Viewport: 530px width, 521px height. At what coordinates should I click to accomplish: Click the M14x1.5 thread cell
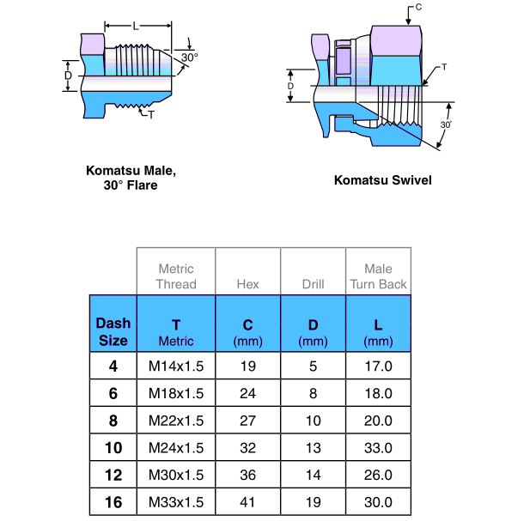[176, 367]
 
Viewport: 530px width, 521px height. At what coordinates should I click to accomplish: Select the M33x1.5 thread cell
[176, 502]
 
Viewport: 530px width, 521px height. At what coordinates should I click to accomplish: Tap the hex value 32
[247, 448]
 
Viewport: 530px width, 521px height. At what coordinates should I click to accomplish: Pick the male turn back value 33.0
[378, 448]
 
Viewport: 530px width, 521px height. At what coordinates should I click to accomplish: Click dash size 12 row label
[113, 475]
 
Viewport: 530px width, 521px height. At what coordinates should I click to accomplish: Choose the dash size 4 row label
[113, 367]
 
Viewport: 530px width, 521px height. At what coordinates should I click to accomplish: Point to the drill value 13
[313, 448]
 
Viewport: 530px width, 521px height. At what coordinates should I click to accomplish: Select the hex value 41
[247, 502]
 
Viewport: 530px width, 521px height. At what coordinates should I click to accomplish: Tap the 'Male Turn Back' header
[378, 276]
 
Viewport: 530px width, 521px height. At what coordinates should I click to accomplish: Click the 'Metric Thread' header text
[176, 276]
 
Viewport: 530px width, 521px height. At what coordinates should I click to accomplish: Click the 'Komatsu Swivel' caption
[382, 181]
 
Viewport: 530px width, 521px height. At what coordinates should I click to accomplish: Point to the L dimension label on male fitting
[136, 27]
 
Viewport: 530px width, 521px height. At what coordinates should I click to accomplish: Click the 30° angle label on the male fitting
[189, 58]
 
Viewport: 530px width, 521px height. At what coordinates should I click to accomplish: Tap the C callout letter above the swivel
[418, 8]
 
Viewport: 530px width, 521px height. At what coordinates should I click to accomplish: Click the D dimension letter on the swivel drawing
[290, 86]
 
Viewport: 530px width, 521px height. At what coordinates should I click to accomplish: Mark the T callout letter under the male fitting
[150, 114]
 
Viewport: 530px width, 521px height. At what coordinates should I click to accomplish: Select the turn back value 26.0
[378, 475]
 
